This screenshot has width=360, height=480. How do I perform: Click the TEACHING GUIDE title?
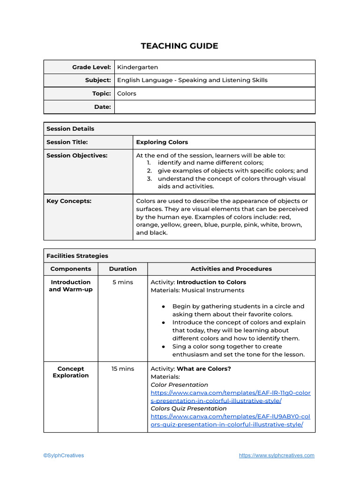coord(180,46)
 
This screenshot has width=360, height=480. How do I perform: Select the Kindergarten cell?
coord(137,67)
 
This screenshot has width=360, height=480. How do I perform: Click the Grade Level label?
coord(91,67)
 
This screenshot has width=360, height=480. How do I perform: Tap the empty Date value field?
coord(215,107)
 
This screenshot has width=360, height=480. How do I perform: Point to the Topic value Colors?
coord(127,94)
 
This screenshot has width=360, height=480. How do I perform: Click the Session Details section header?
coord(70,129)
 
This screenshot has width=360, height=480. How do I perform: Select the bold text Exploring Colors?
coord(162,142)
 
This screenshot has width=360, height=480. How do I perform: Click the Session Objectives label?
coord(77,156)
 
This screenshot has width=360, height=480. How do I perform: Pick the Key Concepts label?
coord(69,201)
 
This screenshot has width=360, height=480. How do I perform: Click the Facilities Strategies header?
coord(77,256)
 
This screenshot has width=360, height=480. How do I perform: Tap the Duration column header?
coord(123,269)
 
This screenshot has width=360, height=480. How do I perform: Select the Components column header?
coord(71,269)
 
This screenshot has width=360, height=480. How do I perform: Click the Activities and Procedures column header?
coord(231,269)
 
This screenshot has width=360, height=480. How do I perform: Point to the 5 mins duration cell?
coord(123,282)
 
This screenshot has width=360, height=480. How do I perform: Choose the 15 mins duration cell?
coord(123,369)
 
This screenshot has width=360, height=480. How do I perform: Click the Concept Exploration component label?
coord(71,372)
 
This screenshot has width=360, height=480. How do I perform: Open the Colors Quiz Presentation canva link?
coord(230,420)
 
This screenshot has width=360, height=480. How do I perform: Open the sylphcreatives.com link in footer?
coord(277,456)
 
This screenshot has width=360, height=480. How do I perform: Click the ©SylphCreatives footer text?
coord(64,456)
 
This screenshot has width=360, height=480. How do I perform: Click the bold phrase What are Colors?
coord(204,369)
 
